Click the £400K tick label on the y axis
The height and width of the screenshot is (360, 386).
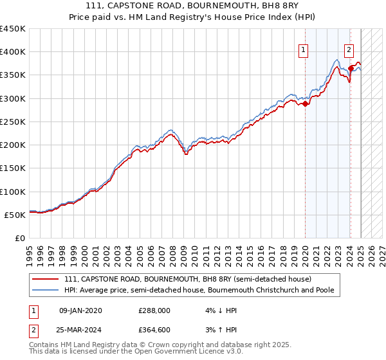(x=12, y=52)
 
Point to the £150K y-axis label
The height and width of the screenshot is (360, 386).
(x=12, y=168)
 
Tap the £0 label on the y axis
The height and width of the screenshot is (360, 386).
(x=19, y=239)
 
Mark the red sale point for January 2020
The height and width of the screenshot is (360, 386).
(x=306, y=105)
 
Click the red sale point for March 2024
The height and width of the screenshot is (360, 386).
(x=351, y=69)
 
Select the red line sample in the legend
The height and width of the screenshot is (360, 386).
(x=47, y=279)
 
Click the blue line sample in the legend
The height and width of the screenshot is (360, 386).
(x=47, y=290)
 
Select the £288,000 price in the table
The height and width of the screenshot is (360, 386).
(x=154, y=310)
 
